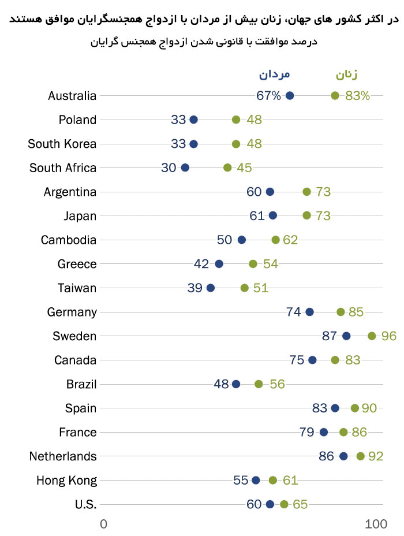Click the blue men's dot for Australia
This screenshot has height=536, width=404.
290,96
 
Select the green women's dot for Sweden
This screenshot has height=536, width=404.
372,336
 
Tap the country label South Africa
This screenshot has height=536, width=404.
63,168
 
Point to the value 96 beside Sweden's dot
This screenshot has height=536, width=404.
389,336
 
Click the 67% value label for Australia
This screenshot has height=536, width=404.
268,96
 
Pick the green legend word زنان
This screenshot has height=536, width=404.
347,75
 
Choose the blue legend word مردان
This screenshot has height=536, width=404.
274,75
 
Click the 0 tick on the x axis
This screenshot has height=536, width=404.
104,524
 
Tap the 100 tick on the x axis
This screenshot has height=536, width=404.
376,524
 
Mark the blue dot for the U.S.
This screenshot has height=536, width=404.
270,504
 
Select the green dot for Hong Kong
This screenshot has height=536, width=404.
273,480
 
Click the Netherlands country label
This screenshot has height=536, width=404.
63,456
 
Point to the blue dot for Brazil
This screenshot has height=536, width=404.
235,384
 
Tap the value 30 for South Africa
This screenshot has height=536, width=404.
169,168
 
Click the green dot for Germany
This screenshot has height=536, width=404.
341,312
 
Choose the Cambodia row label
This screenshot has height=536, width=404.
69,240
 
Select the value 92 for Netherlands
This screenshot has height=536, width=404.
376,456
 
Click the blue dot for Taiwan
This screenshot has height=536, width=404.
210,288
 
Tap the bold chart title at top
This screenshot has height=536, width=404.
202,21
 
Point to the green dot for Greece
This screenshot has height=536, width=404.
253,264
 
